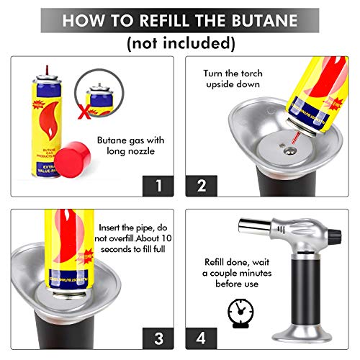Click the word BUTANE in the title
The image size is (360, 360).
tap(263, 19)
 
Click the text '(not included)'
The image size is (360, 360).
tap(181, 42)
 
